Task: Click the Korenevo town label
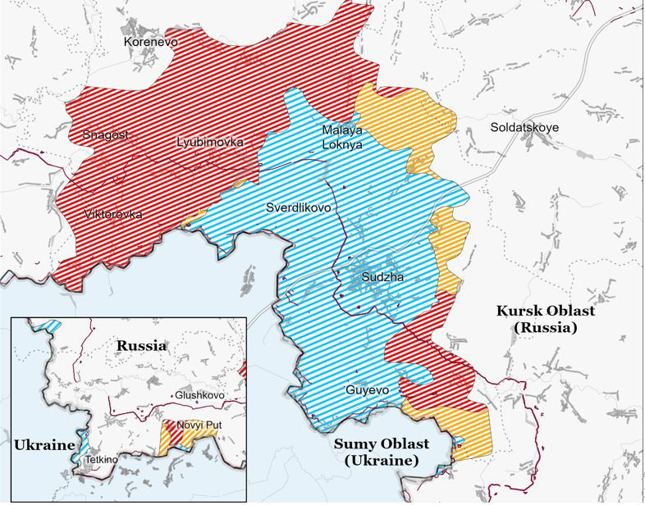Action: click(x=150, y=41)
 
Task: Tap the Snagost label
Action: click(x=105, y=134)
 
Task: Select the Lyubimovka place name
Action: click(x=210, y=142)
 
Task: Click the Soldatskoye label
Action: click(x=524, y=128)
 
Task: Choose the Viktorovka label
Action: click(x=112, y=214)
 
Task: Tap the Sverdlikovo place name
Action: click(x=299, y=208)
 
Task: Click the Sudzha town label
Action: click(x=384, y=278)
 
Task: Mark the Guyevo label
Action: click(x=367, y=390)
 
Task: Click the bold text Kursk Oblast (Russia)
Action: click(x=545, y=319)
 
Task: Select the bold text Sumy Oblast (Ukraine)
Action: click(x=380, y=452)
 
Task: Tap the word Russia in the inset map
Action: click(x=141, y=345)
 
